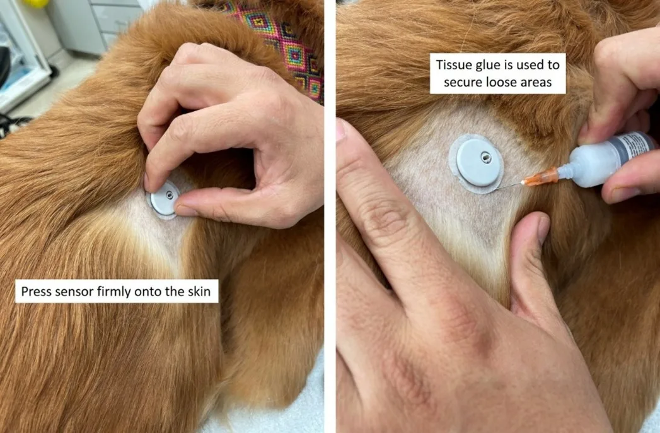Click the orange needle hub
[x=547, y=176]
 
